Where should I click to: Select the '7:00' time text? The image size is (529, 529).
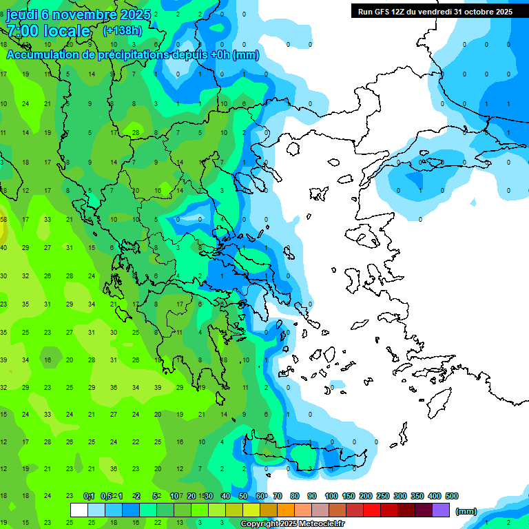click(x=22, y=32)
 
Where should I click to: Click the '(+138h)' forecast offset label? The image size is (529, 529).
click(x=123, y=31)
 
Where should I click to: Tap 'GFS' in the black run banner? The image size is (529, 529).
click(x=380, y=11)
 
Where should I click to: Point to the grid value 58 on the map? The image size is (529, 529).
click(x=3, y=220)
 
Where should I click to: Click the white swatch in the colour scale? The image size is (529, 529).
click(x=79, y=510)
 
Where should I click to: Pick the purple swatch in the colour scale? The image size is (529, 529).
click(x=441, y=510)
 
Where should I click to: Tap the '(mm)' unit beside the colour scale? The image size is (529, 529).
click(x=466, y=511)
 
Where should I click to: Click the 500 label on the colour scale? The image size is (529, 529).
click(x=452, y=496)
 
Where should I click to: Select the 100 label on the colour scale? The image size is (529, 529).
click(x=331, y=496)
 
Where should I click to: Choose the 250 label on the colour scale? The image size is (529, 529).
click(x=383, y=496)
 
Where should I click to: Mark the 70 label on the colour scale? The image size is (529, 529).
click(x=278, y=496)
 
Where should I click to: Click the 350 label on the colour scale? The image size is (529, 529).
click(x=417, y=496)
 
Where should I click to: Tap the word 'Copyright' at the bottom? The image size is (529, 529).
click(x=260, y=524)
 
